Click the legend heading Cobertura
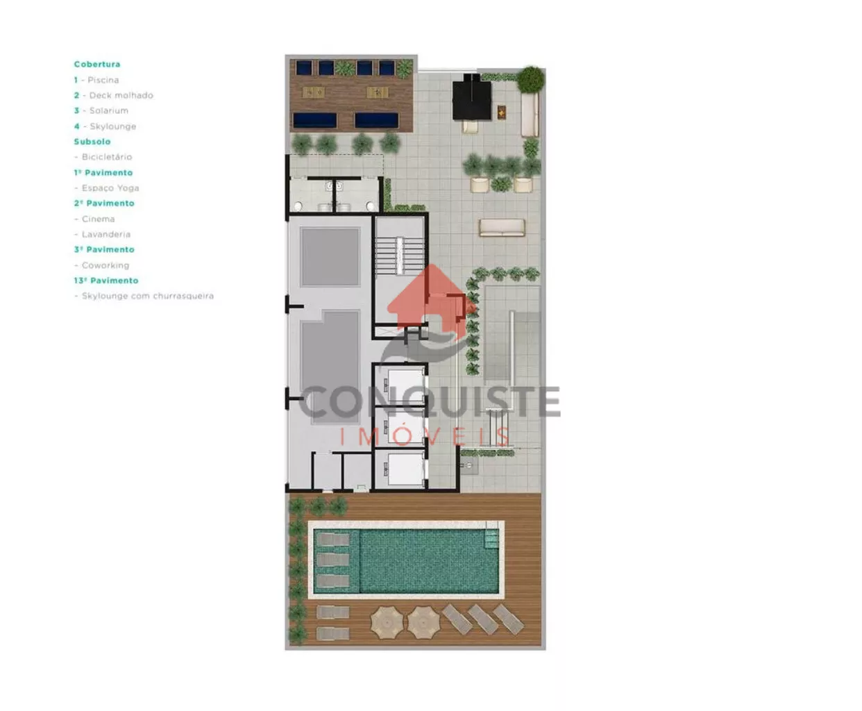tap(97, 64)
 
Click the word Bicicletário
tap(106, 157)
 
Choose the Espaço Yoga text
tap(110, 188)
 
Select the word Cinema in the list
tap(99, 219)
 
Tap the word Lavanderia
tap(106, 234)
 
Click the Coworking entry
tap(105, 265)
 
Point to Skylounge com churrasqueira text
tap(148, 296)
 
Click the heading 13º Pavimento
tap(106, 281)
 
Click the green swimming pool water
tap(428, 560)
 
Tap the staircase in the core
tap(400, 255)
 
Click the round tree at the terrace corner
tap(530, 79)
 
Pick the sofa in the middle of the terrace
tap(502, 228)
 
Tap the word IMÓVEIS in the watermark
tap(425, 437)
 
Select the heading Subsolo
tap(92, 141)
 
